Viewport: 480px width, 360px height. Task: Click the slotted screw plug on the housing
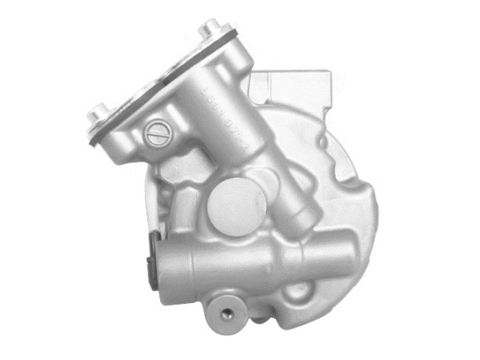[x=157, y=131]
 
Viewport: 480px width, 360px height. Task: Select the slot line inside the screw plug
[x=157, y=131]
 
